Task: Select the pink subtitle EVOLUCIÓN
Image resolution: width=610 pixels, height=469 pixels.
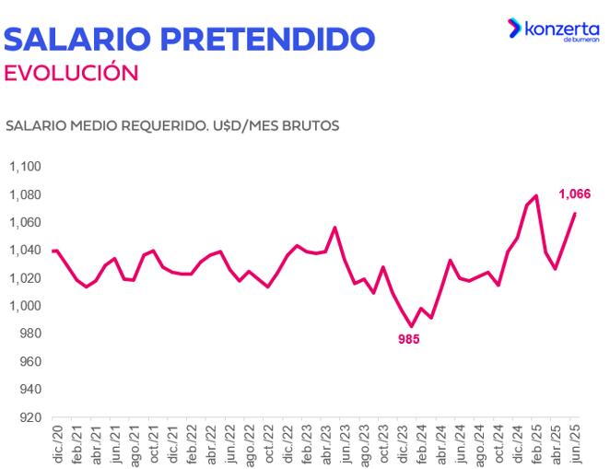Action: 71,73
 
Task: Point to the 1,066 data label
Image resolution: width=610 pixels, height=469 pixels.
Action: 574,193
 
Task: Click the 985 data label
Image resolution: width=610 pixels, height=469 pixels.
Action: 409,340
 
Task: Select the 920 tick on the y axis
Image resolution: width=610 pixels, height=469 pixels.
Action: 30,417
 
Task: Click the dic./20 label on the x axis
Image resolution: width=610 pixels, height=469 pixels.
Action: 56,445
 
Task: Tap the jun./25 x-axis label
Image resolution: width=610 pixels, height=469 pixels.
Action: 574,445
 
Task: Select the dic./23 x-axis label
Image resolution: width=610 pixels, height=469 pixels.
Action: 402,445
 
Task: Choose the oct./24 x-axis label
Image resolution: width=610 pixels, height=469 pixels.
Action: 498,445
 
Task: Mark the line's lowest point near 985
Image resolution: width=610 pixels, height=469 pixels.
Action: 411,326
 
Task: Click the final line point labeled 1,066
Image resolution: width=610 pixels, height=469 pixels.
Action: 575,214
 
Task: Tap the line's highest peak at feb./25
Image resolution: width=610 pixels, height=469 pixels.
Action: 536,195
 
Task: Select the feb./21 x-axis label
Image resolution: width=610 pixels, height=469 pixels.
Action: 76,445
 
